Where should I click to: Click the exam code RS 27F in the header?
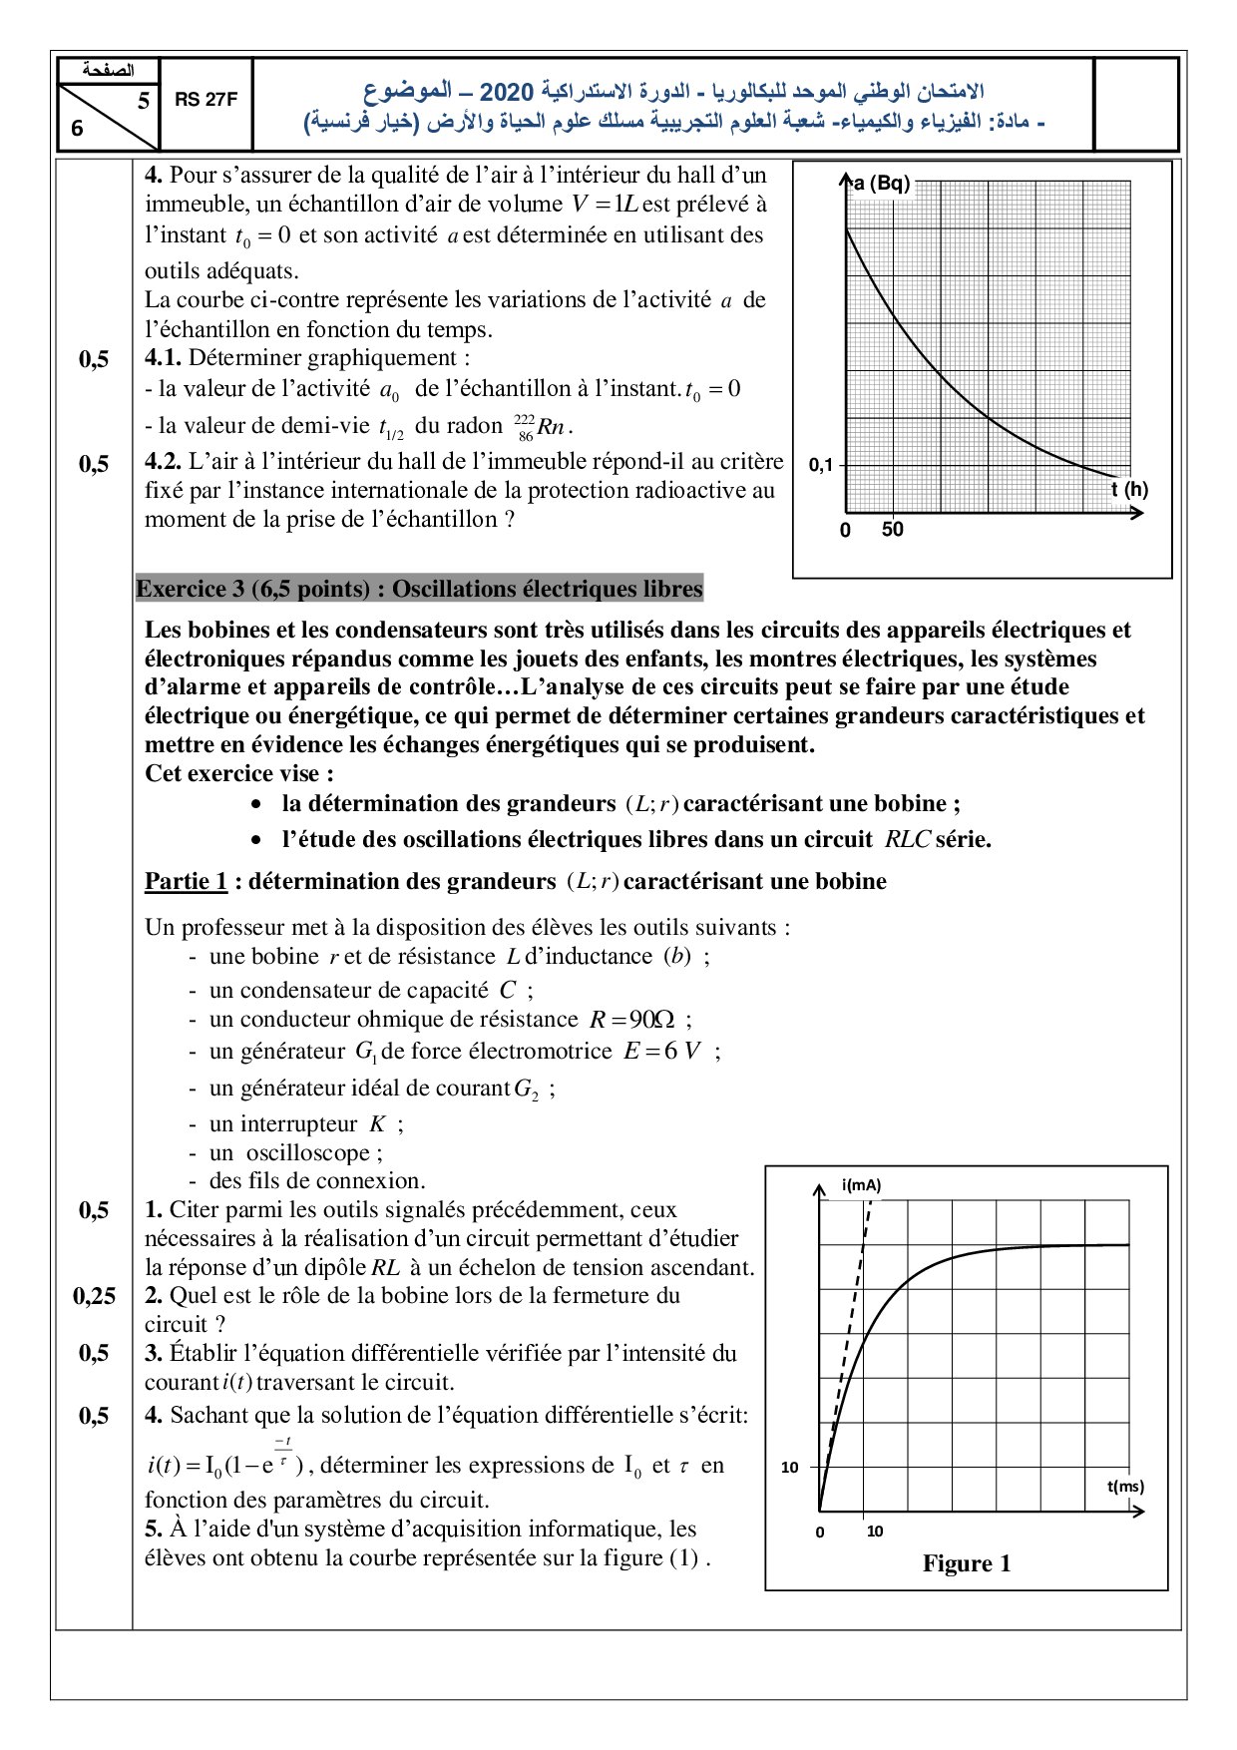click(x=206, y=100)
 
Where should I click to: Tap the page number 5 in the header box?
click(x=144, y=101)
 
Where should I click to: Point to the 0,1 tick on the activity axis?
click(x=820, y=465)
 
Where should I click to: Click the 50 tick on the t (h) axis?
click(x=892, y=530)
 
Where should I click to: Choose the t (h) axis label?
click(x=1129, y=490)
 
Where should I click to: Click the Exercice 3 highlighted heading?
click(x=419, y=589)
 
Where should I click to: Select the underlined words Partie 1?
click(x=186, y=881)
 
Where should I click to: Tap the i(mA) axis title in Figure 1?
click(x=861, y=1185)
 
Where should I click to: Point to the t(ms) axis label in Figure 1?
click(x=1125, y=1486)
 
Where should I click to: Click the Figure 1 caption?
click(x=967, y=1563)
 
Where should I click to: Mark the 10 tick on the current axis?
click(x=790, y=1467)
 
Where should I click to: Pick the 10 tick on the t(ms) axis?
click(x=875, y=1531)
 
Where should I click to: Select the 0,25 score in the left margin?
click(x=94, y=1296)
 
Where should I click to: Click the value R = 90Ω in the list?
click(x=632, y=1020)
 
